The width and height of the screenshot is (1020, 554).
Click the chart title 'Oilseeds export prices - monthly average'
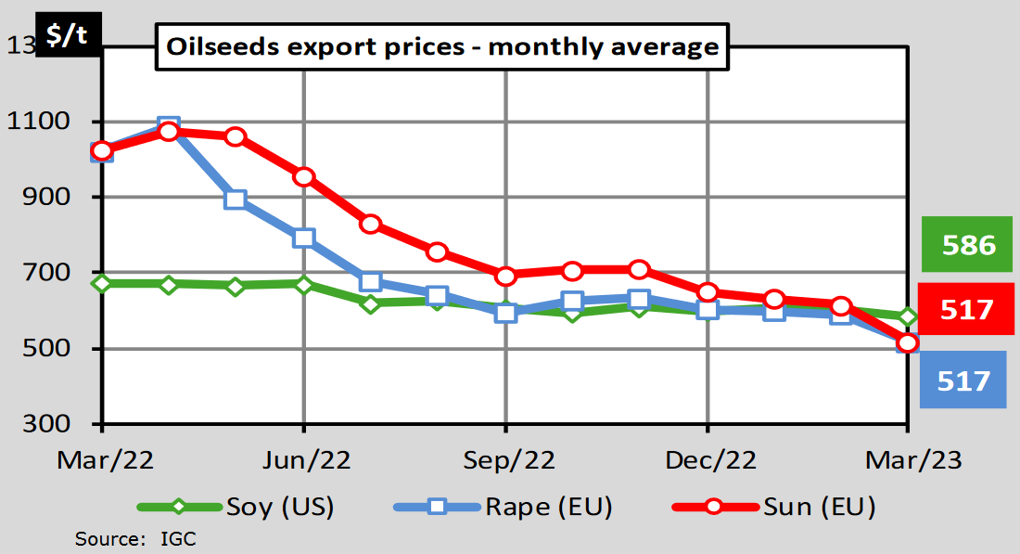click(x=441, y=46)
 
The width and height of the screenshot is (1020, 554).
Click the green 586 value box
click(x=967, y=245)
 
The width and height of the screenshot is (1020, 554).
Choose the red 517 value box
click(x=967, y=309)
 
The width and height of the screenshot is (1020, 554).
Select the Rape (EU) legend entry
click(x=547, y=507)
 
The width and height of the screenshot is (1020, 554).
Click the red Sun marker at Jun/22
click(x=303, y=177)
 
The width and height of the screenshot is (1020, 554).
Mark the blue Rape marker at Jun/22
click(x=303, y=238)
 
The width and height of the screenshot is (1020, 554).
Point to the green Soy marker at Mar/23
click(x=907, y=317)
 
